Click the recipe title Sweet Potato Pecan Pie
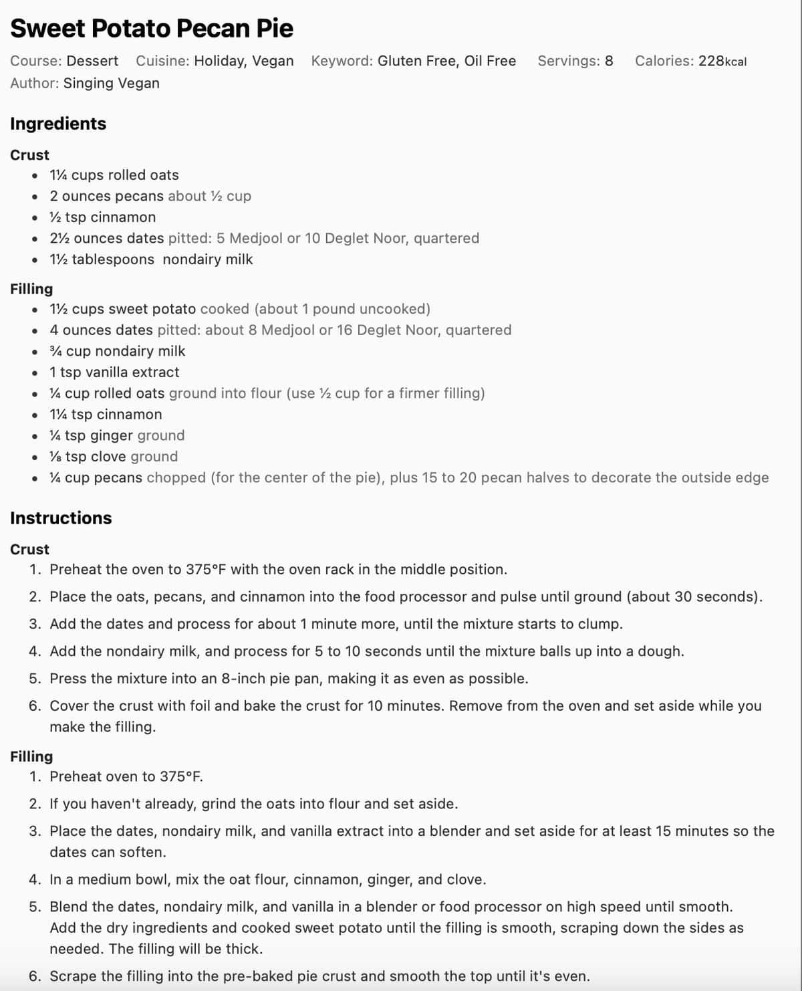point(152,29)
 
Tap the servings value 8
point(609,61)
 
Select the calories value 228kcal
point(722,61)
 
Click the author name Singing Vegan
point(111,83)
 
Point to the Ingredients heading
point(58,124)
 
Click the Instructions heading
point(61,518)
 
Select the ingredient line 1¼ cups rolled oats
point(114,175)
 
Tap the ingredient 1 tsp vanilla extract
point(114,372)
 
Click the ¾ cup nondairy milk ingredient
point(118,351)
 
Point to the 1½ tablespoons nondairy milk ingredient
point(151,259)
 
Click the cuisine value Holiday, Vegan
point(243,61)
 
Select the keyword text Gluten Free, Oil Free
point(446,61)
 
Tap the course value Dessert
point(92,61)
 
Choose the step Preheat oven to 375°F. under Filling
point(126,777)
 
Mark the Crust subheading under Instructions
point(29,550)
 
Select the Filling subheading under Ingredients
point(31,289)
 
